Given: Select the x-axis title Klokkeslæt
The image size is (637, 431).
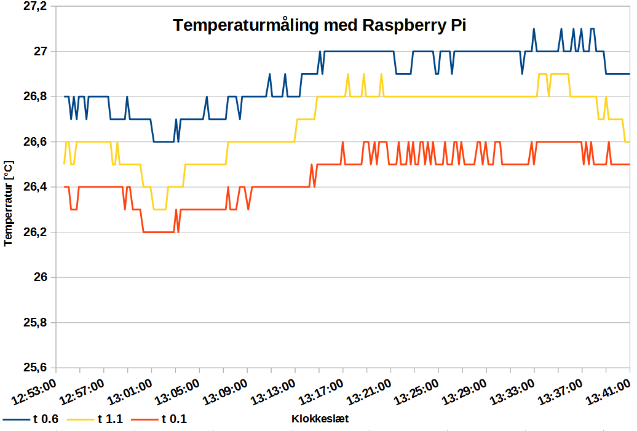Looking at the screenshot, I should pos(320,419).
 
